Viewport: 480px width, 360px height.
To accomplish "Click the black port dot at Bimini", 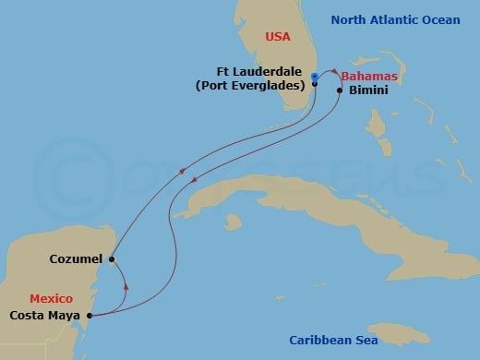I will click(341, 90).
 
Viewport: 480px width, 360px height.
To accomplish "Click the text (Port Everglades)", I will click(250, 87).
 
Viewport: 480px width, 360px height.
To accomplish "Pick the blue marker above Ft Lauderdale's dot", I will click(315, 76).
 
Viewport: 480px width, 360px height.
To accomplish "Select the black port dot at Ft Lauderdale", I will click(315, 84).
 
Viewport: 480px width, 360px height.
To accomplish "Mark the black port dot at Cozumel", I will click(112, 259).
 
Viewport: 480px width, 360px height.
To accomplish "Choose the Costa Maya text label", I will click(44, 316).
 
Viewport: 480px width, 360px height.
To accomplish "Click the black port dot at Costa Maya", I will click(90, 316).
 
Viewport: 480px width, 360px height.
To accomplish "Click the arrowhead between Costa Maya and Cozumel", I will click(125, 286).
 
